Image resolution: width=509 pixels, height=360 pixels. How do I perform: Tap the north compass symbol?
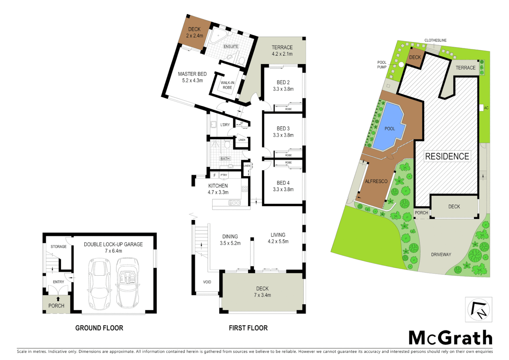click(x=479, y=309)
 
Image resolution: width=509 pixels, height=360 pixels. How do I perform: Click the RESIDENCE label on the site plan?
click(x=447, y=156)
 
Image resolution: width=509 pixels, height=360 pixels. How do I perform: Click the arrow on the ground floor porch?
click(x=58, y=299)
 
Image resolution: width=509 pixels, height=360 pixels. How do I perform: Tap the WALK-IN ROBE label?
click(x=228, y=85)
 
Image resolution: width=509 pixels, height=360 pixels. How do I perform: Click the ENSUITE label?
click(x=231, y=47)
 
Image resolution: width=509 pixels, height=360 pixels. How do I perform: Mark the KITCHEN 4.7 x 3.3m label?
click(x=218, y=189)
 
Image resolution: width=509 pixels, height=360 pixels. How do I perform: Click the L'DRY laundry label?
click(x=225, y=125)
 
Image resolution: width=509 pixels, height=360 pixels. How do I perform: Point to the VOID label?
click(x=207, y=282)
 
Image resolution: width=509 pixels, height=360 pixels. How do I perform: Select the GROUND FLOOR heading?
click(x=99, y=328)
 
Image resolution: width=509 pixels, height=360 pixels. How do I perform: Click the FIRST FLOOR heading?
click(x=248, y=328)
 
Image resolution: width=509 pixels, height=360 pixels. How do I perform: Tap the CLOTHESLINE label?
click(x=435, y=40)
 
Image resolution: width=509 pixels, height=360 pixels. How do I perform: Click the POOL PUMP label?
click(x=382, y=65)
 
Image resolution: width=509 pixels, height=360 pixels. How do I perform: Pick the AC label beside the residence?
click(x=486, y=108)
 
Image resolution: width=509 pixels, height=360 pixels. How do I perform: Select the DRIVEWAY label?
click(x=441, y=255)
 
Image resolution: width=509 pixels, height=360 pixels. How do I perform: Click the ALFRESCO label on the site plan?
click(x=376, y=181)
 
